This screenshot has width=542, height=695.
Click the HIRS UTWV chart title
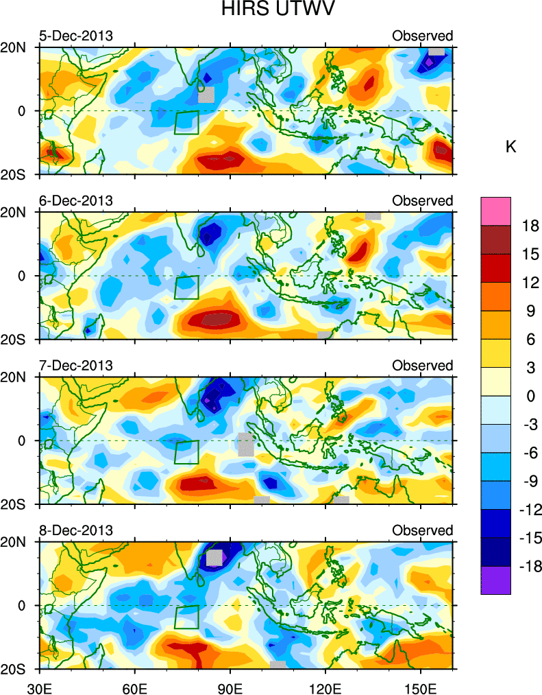pos(271,11)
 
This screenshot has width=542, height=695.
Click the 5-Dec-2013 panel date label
pos(76,36)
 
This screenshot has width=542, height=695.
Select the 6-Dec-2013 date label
pos(76,200)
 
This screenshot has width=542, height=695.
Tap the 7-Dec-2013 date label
pos(76,366)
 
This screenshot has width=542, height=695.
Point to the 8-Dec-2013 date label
pos(76,530)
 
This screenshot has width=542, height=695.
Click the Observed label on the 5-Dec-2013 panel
pos(422,36)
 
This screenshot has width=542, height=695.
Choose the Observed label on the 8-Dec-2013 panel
pos(422,530)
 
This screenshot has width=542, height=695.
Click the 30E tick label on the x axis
pos(39,685)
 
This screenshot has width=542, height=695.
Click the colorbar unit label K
pos(510,146)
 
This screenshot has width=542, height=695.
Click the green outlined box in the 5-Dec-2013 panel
pos(186,122)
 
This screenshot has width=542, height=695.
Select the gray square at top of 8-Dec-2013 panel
pos(214,558)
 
